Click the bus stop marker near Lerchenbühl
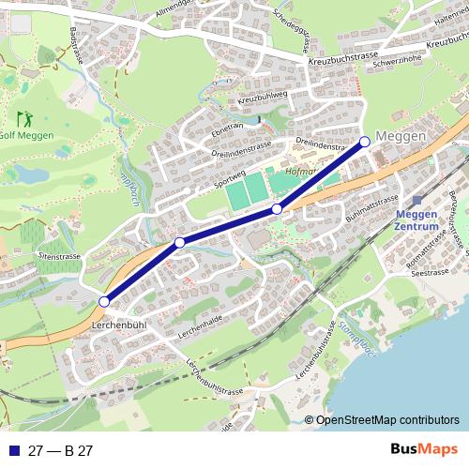pyautogui.click(x=104, y=301)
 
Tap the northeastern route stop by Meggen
pyautogui.click(x=365, y=142)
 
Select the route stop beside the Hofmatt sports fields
pyautogui.click(x=277, y=208)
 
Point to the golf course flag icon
pyautogui.click(x=24, y=119)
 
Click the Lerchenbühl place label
pyautogui.click(x=120, y=325)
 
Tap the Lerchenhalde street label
pyautogui.click(x=198, y=333)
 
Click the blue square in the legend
pyautogui.click(x=13, y=450)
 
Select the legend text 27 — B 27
pyautogui.click(x=60, y=450)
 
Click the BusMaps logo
pyautogui.click(x=425, y=449)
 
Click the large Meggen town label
pyautogui.click(x=401, y=137)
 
